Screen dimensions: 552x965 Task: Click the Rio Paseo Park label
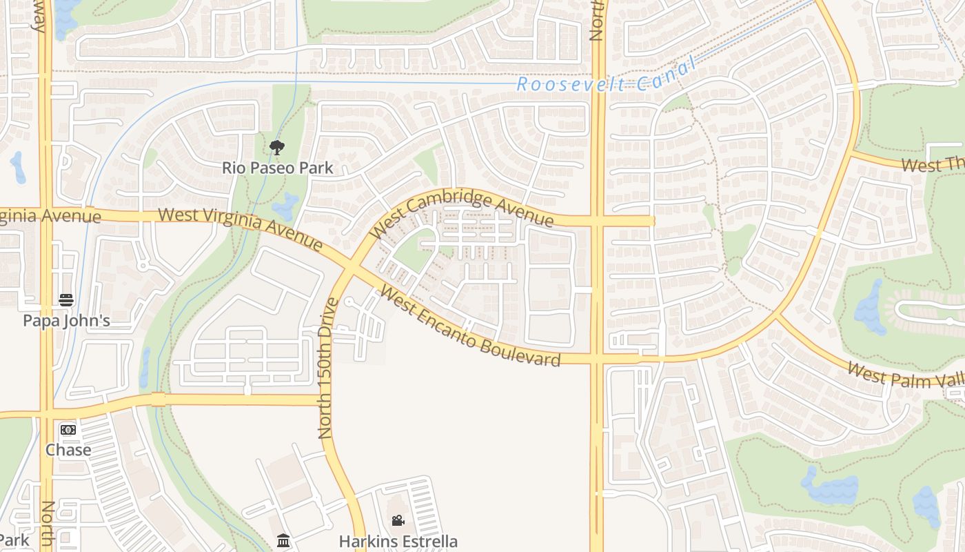pos(277,168)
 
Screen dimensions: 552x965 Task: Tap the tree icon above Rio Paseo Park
pos(277,147)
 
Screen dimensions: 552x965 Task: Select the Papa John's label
pos(66,320)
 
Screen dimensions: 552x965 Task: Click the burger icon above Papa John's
pos(66,300)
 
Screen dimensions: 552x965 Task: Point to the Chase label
pos(68,450)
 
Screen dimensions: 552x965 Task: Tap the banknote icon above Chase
pos(68,430)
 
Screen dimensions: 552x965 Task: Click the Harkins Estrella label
pos(398,541)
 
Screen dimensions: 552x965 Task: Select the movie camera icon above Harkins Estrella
pos(398,521)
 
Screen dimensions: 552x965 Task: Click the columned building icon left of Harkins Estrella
pos(283,540)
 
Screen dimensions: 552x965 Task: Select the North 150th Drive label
pos(326,368)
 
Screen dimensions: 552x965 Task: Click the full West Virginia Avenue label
pos(240,228)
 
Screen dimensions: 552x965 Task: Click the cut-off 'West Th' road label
pos(932,166)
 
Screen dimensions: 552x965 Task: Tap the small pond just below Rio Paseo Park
pos(285,205)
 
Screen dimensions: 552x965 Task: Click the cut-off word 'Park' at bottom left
pos(14,540)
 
